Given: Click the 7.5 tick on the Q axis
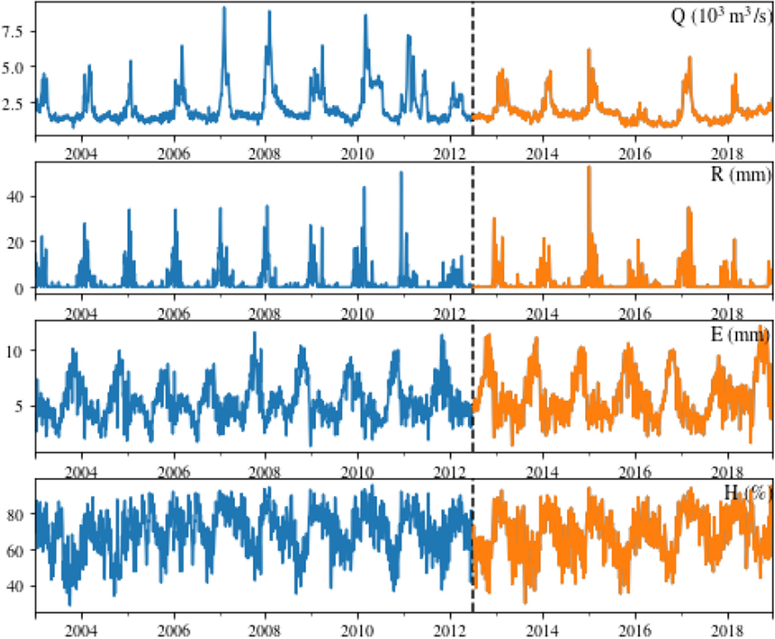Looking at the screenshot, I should click(x=12, y=31).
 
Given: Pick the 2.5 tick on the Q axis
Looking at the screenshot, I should click(x=12, y=103).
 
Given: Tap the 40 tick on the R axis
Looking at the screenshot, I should click(x=14, y=196).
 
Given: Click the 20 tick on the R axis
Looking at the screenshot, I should click(x=14, y=242).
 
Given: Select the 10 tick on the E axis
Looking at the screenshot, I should click(x=14, y=351).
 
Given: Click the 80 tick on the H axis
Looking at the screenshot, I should click(x=14, y=514).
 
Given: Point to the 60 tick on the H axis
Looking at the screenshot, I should click(x=14, y=550).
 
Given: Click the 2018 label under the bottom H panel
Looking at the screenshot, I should click(x=727, y=631).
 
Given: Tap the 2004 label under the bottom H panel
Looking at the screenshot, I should click(x=81, y=631).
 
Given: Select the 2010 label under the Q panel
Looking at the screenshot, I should click(x=357, y=154).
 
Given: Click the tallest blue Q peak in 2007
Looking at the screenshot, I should click(x=224, y=8).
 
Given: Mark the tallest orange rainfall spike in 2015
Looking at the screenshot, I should click(x=589, y=167).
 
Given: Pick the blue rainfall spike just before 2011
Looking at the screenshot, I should click(x=401, y=173).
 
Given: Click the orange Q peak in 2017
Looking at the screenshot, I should click(x=690, y=57).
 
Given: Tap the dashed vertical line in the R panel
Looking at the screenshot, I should click(x=473, y=230).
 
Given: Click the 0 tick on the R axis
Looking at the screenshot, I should click(x=19, y=288).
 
